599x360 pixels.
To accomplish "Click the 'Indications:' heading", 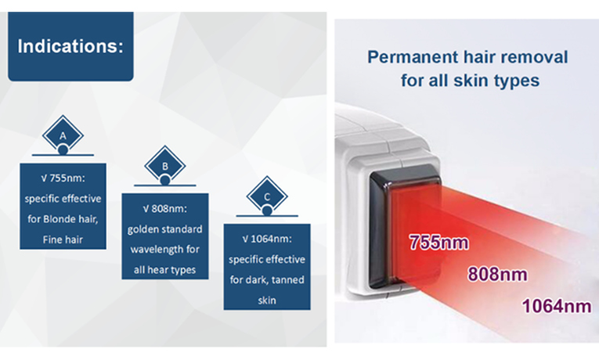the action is [x=70, y=46].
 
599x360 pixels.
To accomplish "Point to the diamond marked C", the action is [x=267, y=196].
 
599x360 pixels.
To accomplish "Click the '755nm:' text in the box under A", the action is [x=67, y=178].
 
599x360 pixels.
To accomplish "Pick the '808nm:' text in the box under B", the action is [x=169, y=209].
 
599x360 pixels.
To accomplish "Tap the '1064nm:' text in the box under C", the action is [x=271, y=239].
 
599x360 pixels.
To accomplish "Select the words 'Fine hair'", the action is [x=63, y=239].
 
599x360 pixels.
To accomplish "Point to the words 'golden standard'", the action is [x=165, y=229].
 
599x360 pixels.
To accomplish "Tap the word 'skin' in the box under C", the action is [x=267, y=301].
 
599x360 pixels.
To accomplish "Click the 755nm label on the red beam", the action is [x=438, y=243].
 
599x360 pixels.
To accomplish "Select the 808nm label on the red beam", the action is [x=498, y=274].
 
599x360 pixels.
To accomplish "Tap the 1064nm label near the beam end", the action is [x=557, y=306].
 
